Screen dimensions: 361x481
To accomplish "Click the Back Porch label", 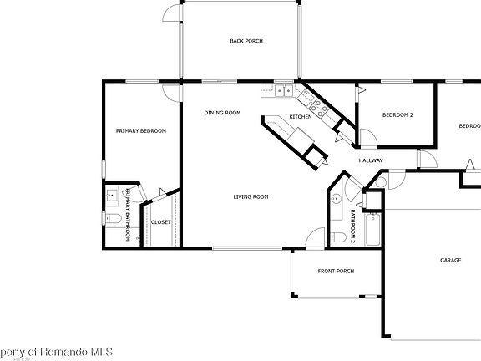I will [x=246, y=41].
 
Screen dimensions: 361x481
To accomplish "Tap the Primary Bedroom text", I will [x=141, y=130].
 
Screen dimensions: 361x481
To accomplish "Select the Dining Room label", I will [x=223, y=113].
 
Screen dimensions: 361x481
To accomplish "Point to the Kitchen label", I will [x=301, y=116].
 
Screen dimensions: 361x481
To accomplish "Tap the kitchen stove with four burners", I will [x=317, y=106].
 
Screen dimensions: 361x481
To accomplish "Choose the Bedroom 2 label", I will [x=397, y=114].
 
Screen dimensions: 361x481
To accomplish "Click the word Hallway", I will [x=371, y=160].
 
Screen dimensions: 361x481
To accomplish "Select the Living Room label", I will [x=251, y=196].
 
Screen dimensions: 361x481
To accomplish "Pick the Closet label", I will [x=160, y=222].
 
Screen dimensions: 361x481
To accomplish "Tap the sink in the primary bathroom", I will [x=112, y=195].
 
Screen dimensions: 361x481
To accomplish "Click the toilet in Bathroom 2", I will [x=338, y=238].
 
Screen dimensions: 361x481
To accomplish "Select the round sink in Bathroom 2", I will [x=334, y=200].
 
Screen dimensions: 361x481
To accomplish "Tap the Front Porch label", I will [x=336, y=271].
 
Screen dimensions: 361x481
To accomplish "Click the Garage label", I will [x=451, y=261].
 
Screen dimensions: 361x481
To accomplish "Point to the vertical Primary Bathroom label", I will [x=129, y=216].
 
